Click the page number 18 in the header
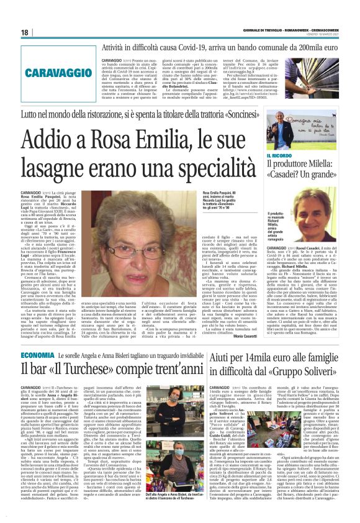(x=25, y=32)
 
